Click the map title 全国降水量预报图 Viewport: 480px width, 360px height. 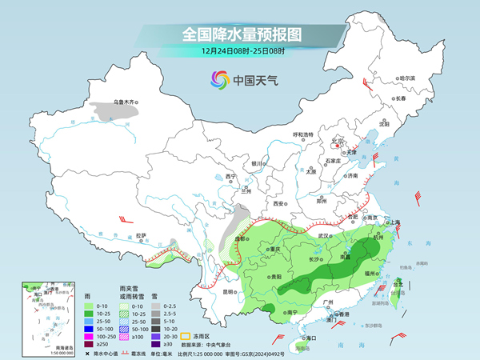tap(239, 34)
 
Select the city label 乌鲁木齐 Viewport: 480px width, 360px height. tap(126, 102)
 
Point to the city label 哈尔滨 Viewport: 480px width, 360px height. tap(407, 78)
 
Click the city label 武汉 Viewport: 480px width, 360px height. tap(323, 236)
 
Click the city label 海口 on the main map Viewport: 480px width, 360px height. tap(302, 338)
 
